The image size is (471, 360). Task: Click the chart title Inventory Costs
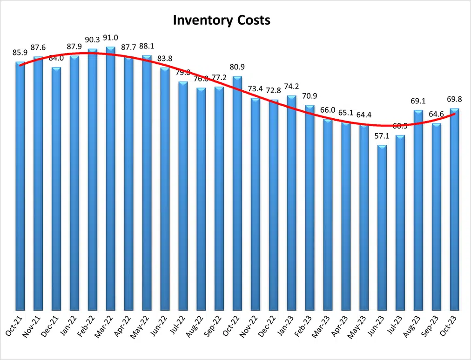tap(221, 21)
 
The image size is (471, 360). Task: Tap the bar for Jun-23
tap(382, 228)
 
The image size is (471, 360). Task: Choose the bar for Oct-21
tap(20, 186)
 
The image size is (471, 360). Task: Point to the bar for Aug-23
tap(418, 210)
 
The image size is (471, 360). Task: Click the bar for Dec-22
tap(274, 205)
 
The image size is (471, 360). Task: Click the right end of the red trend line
tap(454, 114)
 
